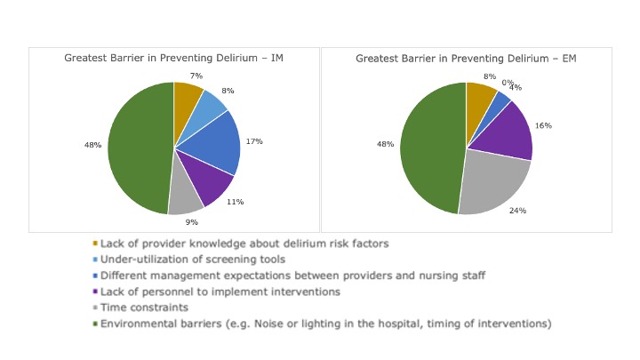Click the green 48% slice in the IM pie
click(x=138, y=148)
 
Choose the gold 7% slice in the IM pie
click(x=186, y=97)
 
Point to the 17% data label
click(x=254, y=140)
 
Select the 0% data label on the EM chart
click(x=507, y=83)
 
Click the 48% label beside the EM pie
click(x=386, y=142)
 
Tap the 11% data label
click(x=236, y=203)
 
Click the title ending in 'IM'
click(x=174, y=58)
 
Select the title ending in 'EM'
click(x=466, y=58)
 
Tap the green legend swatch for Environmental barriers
click(x=95, y=324)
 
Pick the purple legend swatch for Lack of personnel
click(x=95, y=292)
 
